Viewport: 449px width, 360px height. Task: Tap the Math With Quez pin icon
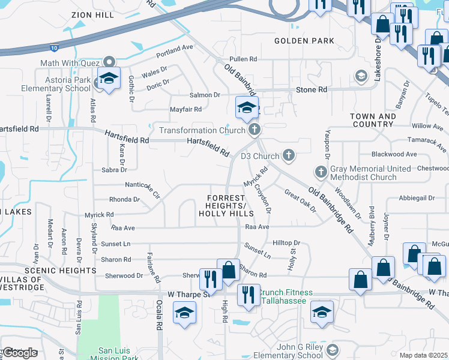(109, 62)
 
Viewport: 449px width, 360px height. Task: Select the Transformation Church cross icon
(255, 130)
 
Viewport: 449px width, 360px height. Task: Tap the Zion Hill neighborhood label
(92, 14)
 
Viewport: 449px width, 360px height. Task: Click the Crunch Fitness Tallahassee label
(286, 296)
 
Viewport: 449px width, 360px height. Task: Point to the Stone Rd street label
(311, 89)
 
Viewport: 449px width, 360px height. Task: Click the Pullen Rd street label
(244, 59)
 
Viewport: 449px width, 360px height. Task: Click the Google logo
(20, 353)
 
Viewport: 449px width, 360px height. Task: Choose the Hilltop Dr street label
(286, 242)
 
